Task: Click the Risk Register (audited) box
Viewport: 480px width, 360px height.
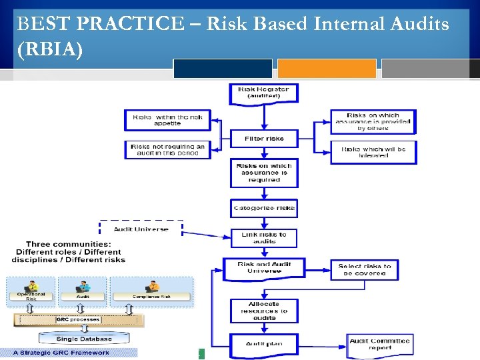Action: pyautogui.click(x=263, y=93)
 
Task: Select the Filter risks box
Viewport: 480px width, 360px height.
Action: pyautogui.click(x=263, y=139)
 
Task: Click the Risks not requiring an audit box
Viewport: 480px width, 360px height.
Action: pyautogui.click(x=167, y=149)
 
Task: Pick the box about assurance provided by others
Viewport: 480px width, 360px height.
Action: pyautogui.click(x=373, y=121)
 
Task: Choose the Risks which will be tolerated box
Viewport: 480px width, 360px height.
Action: pyautogui.click(x=373, y=152)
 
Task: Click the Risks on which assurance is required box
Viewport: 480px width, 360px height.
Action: pyautogui.click(x=263, y=173)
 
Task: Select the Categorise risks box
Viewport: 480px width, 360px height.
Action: pyautogui.click(x=263, y=209)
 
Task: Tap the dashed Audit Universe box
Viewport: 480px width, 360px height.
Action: pyautogui.click(x=141, y=229)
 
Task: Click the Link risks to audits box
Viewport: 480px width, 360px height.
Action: pyautogui.click(x=264, y=238)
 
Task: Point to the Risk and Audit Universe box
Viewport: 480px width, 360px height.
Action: pyautogui.click(x=263, y=268)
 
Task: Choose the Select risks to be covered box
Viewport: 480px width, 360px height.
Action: pyautogui.click(x=364, y=269)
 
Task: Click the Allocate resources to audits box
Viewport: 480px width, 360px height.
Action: pyautogui.click(x=263, y=311)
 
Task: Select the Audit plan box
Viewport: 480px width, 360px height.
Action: pyautogui.click(x=263, y=344)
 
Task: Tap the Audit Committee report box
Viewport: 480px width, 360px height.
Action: pyautogui.click(x=379, y=344)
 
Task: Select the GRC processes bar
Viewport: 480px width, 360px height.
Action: pyautogui.click(x=78, y=319)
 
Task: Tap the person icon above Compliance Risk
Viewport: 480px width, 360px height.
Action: pyautogui.click(x=152, y=286)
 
